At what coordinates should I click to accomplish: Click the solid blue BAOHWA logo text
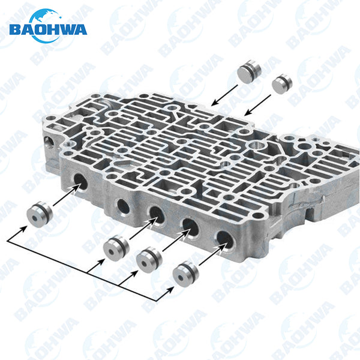point(48,30)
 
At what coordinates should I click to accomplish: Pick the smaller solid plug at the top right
point(282,84)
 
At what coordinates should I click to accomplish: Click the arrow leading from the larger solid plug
point(224,95)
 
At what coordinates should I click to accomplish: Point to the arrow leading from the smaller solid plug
point(257,106)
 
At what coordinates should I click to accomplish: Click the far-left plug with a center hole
point(40,214)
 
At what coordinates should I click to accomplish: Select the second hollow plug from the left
point(116,248)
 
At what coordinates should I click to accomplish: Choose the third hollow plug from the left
point(149,260)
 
